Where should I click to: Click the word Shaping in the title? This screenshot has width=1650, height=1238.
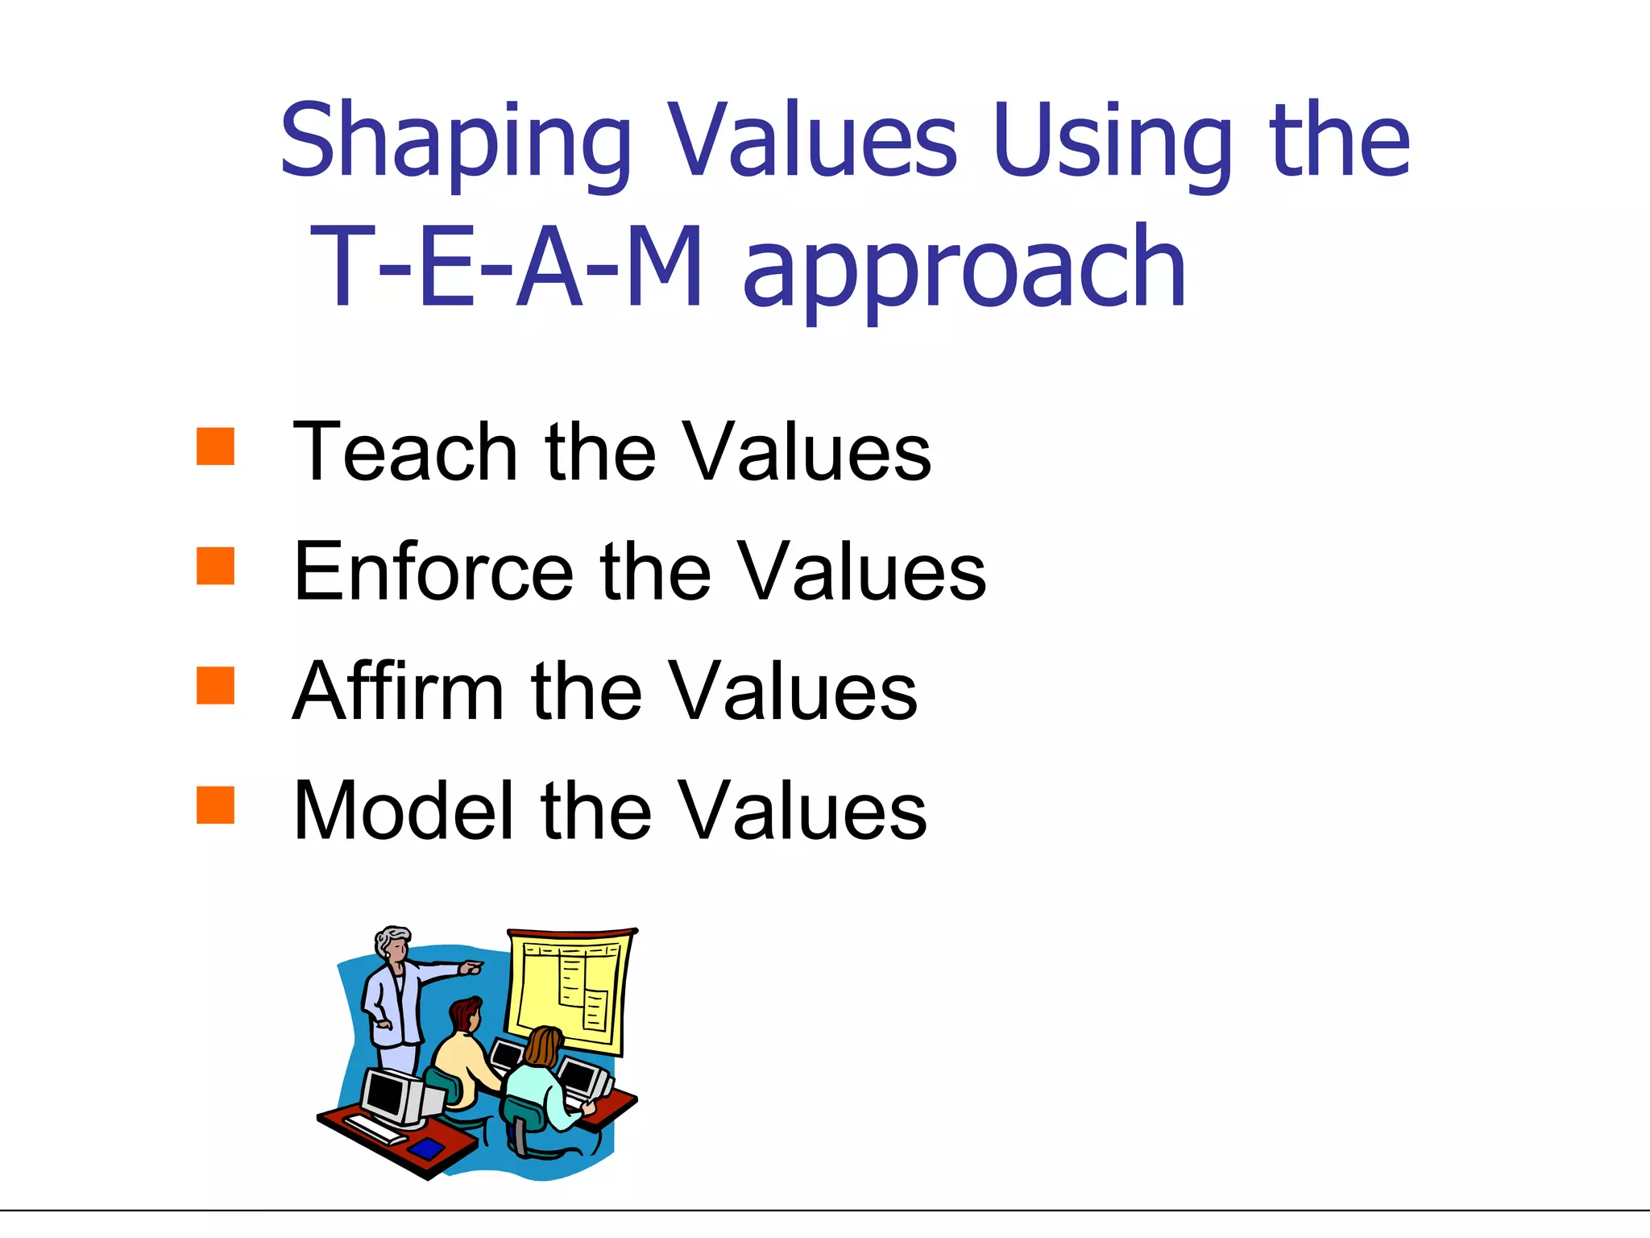click(x=455, y=143)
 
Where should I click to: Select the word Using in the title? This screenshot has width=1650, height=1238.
click(x=1113, y=143)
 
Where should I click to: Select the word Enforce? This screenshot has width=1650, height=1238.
click(x=433, y=571)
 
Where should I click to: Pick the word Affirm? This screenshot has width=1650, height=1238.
click(x=398, y=691)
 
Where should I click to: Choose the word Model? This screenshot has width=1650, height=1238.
click(x=403, y=810)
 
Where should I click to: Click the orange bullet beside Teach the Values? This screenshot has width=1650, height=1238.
click(x=215, y=447)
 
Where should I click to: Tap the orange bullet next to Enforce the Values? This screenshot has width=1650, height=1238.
click(x=215, y=566)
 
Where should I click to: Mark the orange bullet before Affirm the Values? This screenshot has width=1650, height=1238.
click(x=215, y=685)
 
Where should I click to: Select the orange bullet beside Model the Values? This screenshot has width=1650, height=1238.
click(x=215, y=804)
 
